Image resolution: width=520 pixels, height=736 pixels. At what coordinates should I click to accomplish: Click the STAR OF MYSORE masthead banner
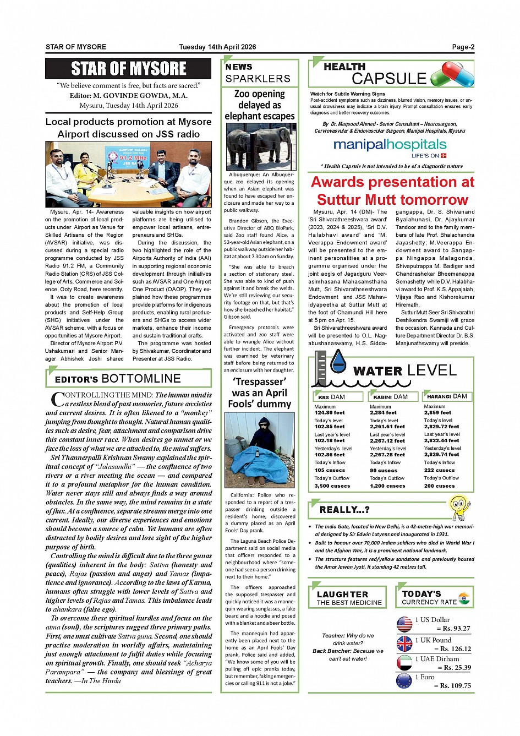tap(128, 68)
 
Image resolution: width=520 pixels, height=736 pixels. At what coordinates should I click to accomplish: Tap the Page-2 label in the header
tap(463, 47)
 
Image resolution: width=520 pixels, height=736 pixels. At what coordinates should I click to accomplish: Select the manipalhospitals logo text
tap(390, 145)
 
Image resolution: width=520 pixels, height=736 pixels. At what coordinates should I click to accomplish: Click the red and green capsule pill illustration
tap(452, 75)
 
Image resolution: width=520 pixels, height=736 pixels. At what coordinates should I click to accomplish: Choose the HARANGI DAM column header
tap(447, 396)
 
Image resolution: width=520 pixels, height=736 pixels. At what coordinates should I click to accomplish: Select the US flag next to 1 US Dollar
tap(404, 624)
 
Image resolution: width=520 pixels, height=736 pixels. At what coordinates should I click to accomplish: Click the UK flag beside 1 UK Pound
tap(404, 644)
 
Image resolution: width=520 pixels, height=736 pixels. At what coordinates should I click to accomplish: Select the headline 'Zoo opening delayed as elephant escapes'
tap(260, 105)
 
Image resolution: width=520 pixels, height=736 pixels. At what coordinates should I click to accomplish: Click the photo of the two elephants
tap(260, 146)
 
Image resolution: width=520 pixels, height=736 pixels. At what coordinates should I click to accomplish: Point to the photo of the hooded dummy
tap(260, 450)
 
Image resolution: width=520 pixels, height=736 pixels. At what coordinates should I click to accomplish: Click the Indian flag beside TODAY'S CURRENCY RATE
tap(464, 598)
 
